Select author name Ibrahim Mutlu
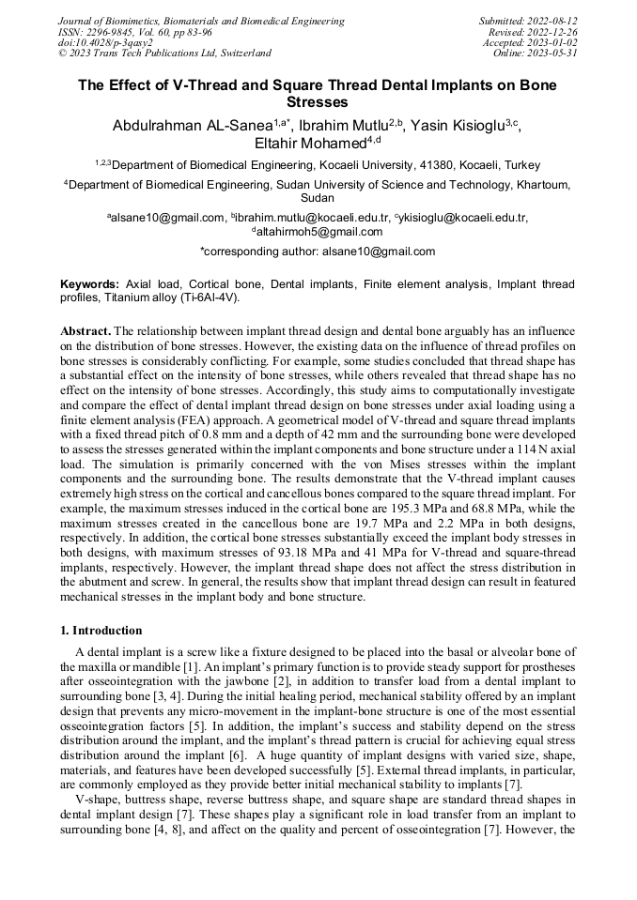(x=351, y=125)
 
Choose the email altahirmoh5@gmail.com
(x=318, y=232)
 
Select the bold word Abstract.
(x=85, y=332)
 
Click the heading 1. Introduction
(x=101, y=631)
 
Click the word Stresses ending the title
(x=318, y=102)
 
